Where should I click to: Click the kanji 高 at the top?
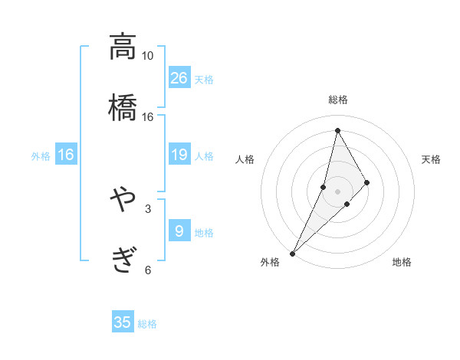[123, 47]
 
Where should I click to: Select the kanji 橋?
[123, 106]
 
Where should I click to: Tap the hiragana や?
[123, 201]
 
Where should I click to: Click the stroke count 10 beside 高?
[147, 56]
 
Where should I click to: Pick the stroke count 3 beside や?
[147, 208]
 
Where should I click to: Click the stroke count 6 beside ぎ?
[147, 269]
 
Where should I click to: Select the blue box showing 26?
[179, 77]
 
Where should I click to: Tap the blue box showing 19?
[179, 155]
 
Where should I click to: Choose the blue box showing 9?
[179, 231]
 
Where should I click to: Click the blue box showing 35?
[123, 322]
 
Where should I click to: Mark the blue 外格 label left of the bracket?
[41, 156]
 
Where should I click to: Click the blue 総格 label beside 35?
[147, 324]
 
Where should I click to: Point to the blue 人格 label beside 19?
[204, 156]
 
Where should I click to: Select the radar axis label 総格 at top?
[338, 100]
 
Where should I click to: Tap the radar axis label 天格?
[431, 159]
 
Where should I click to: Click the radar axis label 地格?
[402, 263]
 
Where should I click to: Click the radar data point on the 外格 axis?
[292, 253]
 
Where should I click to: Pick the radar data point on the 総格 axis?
[337, 130]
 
